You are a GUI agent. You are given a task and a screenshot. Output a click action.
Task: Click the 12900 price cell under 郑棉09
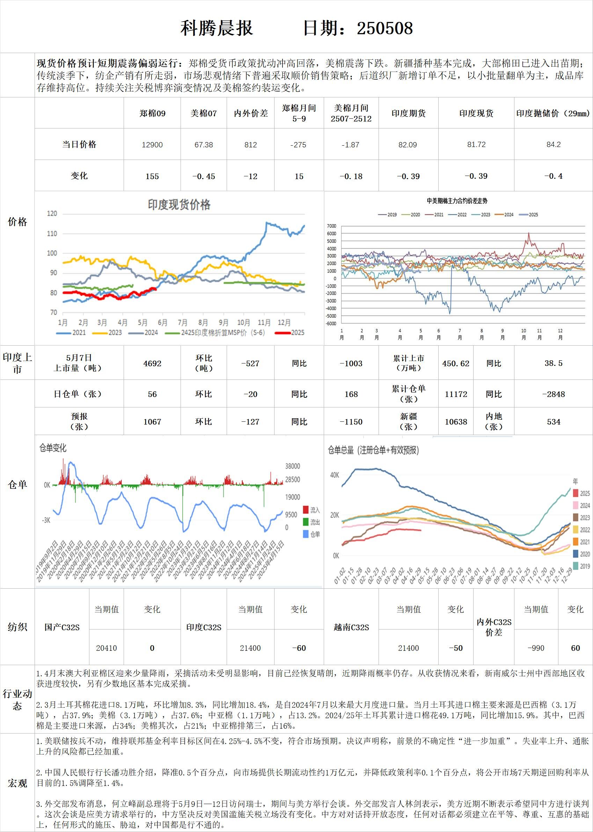point(152,145)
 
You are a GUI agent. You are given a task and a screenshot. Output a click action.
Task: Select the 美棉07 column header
point(203,113)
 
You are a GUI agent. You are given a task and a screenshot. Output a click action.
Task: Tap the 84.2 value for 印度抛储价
point(553,145)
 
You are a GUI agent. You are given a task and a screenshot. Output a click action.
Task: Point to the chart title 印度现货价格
point(179,205)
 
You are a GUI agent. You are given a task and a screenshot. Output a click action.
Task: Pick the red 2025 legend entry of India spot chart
point(290,333)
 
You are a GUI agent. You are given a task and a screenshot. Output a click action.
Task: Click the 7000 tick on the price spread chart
point(331,226)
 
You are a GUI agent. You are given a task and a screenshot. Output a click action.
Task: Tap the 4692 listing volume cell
point(152,363)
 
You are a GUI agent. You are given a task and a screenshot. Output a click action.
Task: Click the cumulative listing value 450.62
point(456,363)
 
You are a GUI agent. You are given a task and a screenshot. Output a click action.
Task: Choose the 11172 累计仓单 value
point(456,394)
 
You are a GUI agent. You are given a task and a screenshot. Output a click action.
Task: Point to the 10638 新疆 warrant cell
point(456,422)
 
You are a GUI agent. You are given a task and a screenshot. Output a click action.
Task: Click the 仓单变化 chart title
point(53,448)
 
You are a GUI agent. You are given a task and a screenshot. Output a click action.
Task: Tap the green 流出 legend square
point(306,522)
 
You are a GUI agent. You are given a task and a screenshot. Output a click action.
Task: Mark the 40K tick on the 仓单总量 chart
point(335,475)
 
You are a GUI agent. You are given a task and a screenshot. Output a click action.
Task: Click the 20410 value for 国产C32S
point(106,648)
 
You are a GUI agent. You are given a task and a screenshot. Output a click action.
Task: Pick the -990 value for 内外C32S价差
point(536,648)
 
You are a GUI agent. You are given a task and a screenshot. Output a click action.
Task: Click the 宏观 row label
point(17,783)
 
